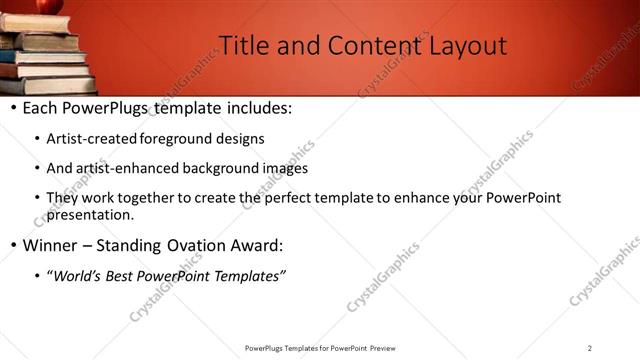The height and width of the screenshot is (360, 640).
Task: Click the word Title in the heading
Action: tap(239, 45)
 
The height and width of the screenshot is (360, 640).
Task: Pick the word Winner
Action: tap(49, 245)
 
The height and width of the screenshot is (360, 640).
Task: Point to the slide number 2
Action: tap(590, 348)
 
